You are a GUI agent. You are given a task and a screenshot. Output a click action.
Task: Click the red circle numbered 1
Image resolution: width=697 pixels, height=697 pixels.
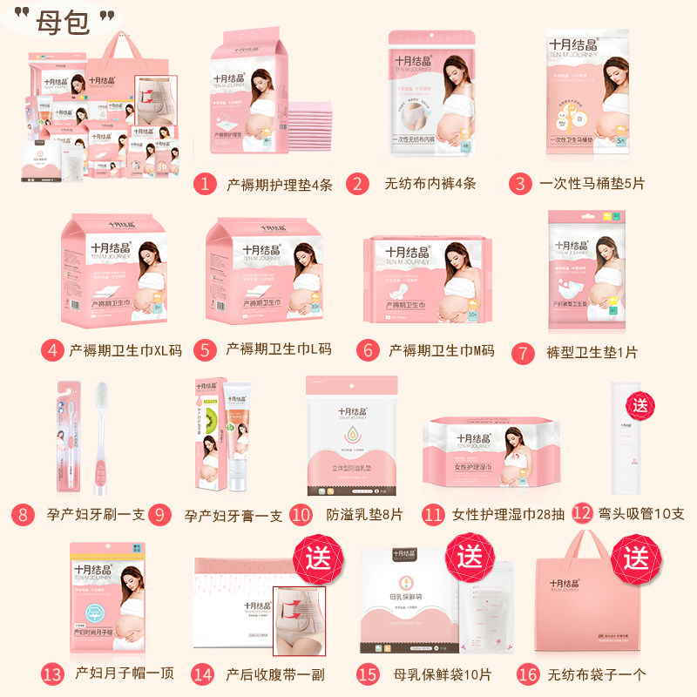[204, 184]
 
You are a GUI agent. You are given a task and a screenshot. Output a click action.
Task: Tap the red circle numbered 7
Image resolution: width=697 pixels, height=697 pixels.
[523, 352]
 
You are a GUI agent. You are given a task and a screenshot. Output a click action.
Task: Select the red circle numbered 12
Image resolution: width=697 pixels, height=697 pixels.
[583, 514]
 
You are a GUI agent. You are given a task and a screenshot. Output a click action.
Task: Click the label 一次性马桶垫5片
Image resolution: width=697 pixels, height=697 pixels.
[592, 184]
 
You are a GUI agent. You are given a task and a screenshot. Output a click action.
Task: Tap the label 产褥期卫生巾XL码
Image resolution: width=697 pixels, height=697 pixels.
[125, 350]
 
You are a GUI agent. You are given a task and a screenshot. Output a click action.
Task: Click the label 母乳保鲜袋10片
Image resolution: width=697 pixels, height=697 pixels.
[430, 674]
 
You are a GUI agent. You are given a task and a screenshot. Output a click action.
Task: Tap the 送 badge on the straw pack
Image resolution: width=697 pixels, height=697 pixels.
[642, 405]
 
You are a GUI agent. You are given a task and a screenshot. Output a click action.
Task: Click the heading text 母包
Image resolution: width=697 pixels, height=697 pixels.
[63, 21]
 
